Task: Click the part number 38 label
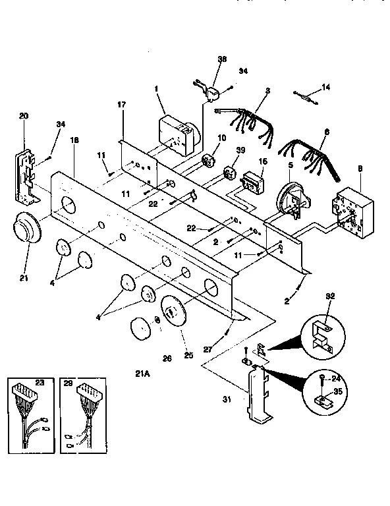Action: pyautogui.click(x=221, y=59)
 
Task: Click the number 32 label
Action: pyautogui.click(x=329, y=296)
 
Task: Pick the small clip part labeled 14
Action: pyautogui.click(x=307, y=96)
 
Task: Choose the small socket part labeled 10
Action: pyautogui.click(x=211, y=161)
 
